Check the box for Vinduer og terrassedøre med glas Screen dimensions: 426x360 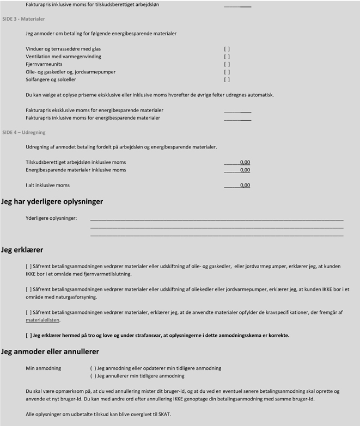(x=227, y=49)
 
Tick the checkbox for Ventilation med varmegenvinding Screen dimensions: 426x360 (x=227, y=57)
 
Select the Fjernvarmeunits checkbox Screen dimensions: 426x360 (x=227, y=64)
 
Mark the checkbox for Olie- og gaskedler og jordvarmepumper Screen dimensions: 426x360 (x=227, y=72)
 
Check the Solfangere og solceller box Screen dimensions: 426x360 (x=227, y=79)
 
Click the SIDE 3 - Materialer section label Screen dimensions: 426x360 (x=23, y=18)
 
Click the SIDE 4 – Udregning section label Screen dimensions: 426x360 (x=24, y=132)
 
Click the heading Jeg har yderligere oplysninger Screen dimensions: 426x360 (x=52, y=201)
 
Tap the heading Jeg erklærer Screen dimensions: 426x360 (x=22, y=250)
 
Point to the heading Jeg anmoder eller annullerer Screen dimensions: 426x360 (x=50, y=351)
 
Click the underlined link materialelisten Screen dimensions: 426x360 (x=42, y=320)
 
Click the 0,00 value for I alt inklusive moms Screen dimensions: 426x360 (x=245, y=186)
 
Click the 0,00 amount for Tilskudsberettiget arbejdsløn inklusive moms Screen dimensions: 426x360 (x=245, y=162)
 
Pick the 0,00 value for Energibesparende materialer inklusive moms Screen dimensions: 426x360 (x=245, y=170)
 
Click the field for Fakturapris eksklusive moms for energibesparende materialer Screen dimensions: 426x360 (x=237, y=110)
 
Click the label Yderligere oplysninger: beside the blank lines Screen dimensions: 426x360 (x=51, y=218)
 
